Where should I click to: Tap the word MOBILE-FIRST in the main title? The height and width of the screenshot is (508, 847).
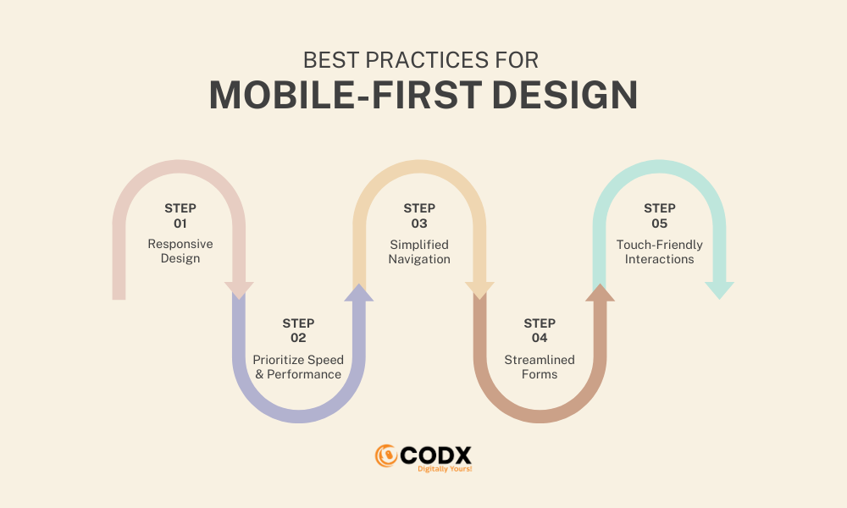coord(346,95)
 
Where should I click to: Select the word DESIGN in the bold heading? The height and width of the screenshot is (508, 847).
coord(565,95)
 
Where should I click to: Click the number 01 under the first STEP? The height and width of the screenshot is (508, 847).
coord(180,224)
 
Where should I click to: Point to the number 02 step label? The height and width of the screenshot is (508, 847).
coord(298,338)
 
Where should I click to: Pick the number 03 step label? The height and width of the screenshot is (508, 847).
coord(419,224)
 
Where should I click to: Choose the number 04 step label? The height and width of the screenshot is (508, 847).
coord(540,338)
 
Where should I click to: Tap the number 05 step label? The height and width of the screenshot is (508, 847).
coord(660,224)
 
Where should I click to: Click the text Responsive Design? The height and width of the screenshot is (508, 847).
coord(180,251)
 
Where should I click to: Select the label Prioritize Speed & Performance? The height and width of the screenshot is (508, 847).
coord(298,367)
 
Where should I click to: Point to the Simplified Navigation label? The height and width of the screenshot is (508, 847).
coord(419,252)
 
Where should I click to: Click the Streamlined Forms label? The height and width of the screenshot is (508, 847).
coord(540,367)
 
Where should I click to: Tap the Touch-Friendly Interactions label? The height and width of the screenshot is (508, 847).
coord(660,252)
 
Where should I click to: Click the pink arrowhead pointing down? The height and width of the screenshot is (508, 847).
coord(239,290)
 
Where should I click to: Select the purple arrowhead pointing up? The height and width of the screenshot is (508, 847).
coord(358,293)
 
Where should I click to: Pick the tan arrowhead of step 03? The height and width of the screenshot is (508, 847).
coord(479,290)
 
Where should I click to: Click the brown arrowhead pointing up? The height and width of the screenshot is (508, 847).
coord(601,293)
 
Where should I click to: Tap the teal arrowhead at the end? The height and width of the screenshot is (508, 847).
coord(719,290)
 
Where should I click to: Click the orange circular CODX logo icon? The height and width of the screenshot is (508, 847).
coord(386,456)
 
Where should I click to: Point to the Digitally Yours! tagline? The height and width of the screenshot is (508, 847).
coord(445,469)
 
